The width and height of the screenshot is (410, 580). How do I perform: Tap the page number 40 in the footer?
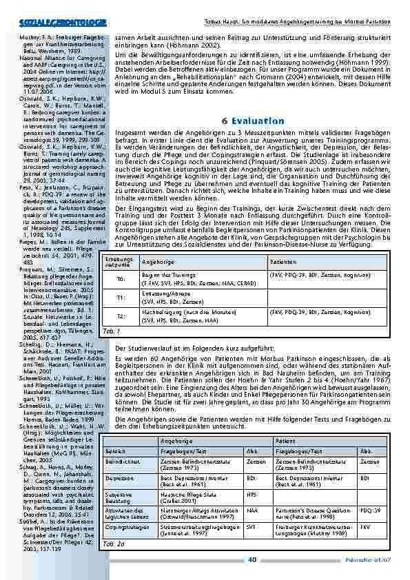[x=252, y=559]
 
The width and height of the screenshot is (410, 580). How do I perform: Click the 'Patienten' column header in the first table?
[x=283, y=262]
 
